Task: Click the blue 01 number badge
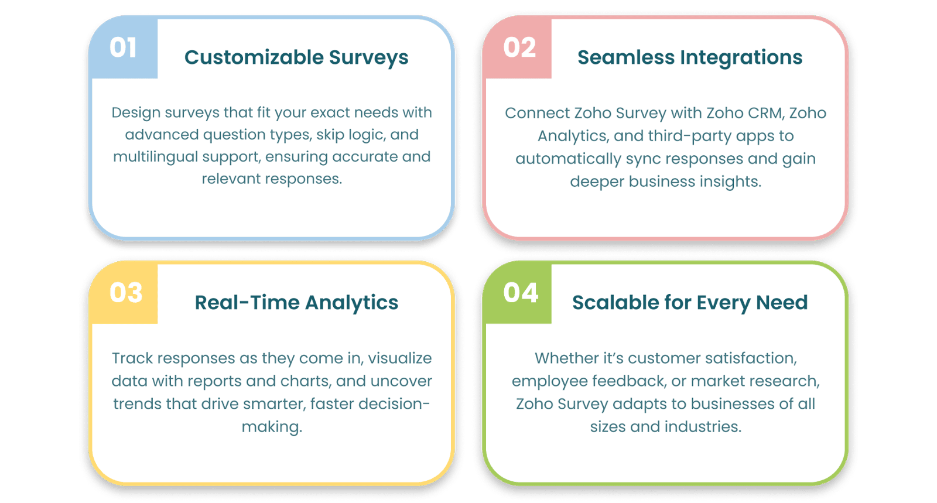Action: click(x=124, y=47)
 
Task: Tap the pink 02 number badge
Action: click(x=518, y=47)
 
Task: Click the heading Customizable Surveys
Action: click(x=296, y=58)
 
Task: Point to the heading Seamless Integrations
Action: click(x=690, y=58)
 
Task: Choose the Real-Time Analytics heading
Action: click(x=296, y=303)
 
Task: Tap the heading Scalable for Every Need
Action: click(x=690, y=303)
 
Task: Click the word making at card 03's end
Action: click(x=272, y=427)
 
